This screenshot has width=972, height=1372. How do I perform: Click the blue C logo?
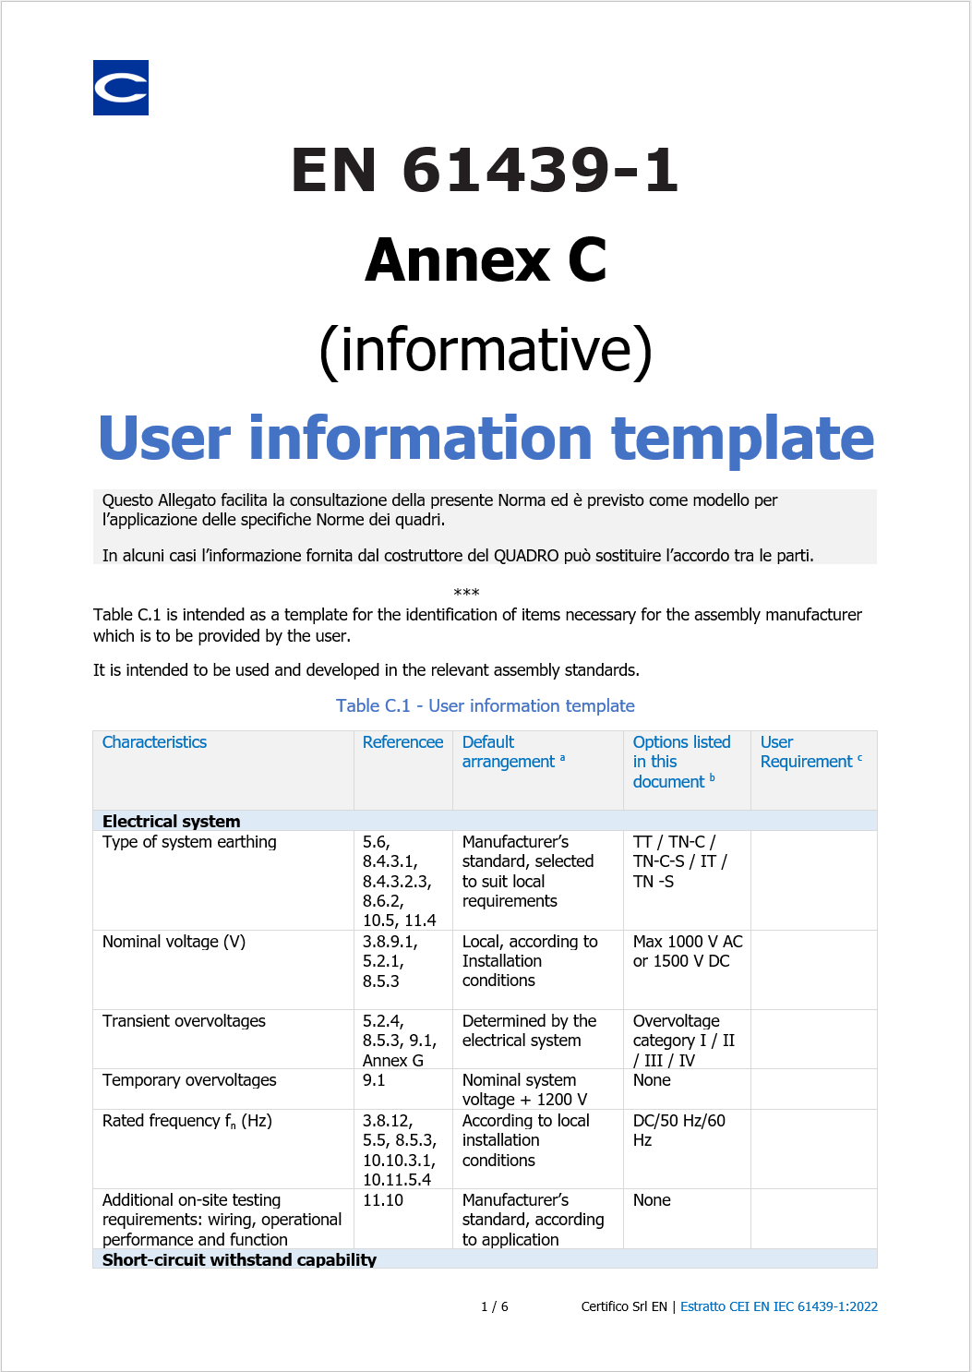[x=121, y=88]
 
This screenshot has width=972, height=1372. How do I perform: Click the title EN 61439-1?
[x=486, y=171]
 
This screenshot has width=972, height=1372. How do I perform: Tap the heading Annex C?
[x=486, y=260]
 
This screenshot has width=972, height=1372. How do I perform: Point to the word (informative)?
[x=486, y=350]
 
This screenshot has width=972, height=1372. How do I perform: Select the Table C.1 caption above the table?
[x=486, y=706]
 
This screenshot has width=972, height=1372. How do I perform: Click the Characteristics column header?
[x=154, y=742]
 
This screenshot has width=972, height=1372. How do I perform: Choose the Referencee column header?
[x=402, y=742]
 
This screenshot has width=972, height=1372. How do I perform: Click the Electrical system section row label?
[x=172, y=821]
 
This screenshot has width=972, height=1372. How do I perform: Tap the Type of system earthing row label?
[x=189, y=842]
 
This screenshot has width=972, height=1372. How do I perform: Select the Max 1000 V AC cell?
[x=687, y=951]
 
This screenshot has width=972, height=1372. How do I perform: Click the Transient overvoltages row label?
[x=184, y=1021]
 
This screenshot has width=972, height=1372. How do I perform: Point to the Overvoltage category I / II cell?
[x=684, y=1041]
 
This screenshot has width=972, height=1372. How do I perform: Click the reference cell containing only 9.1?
[x=374, y=1080]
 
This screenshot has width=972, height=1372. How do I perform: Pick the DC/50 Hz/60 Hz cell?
[x=679, y=1130]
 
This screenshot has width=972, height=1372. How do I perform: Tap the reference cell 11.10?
[x=382, y=1200]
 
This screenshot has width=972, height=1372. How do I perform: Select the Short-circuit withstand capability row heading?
[x=239, y=1259]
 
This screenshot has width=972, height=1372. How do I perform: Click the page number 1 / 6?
[x=495, y=1306]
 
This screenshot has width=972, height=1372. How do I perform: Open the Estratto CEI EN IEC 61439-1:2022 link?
[x=778, y=1306]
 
